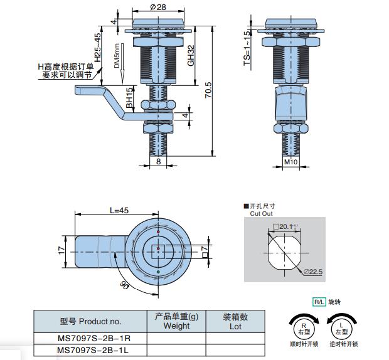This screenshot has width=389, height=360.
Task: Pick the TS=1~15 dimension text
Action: [x=247, y=49]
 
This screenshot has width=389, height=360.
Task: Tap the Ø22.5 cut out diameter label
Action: [x=312, y=272]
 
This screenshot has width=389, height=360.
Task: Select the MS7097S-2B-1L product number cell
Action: [x=90, y=349]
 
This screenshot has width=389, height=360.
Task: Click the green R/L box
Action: [x=319, y=302]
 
